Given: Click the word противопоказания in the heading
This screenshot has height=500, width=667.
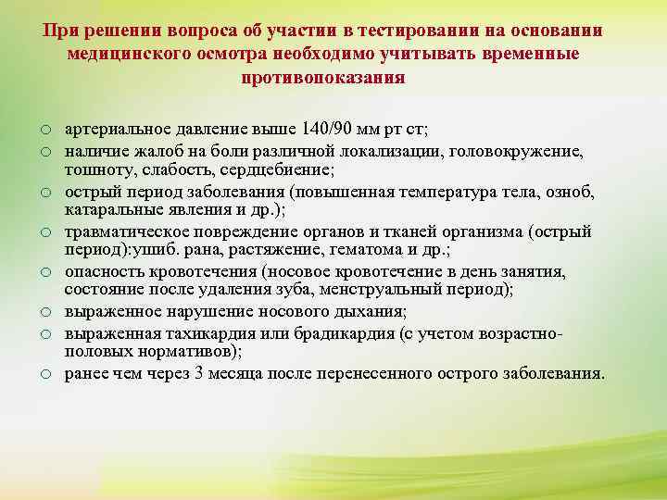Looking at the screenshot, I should pos(322,78).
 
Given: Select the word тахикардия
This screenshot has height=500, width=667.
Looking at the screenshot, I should pos(284,332).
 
